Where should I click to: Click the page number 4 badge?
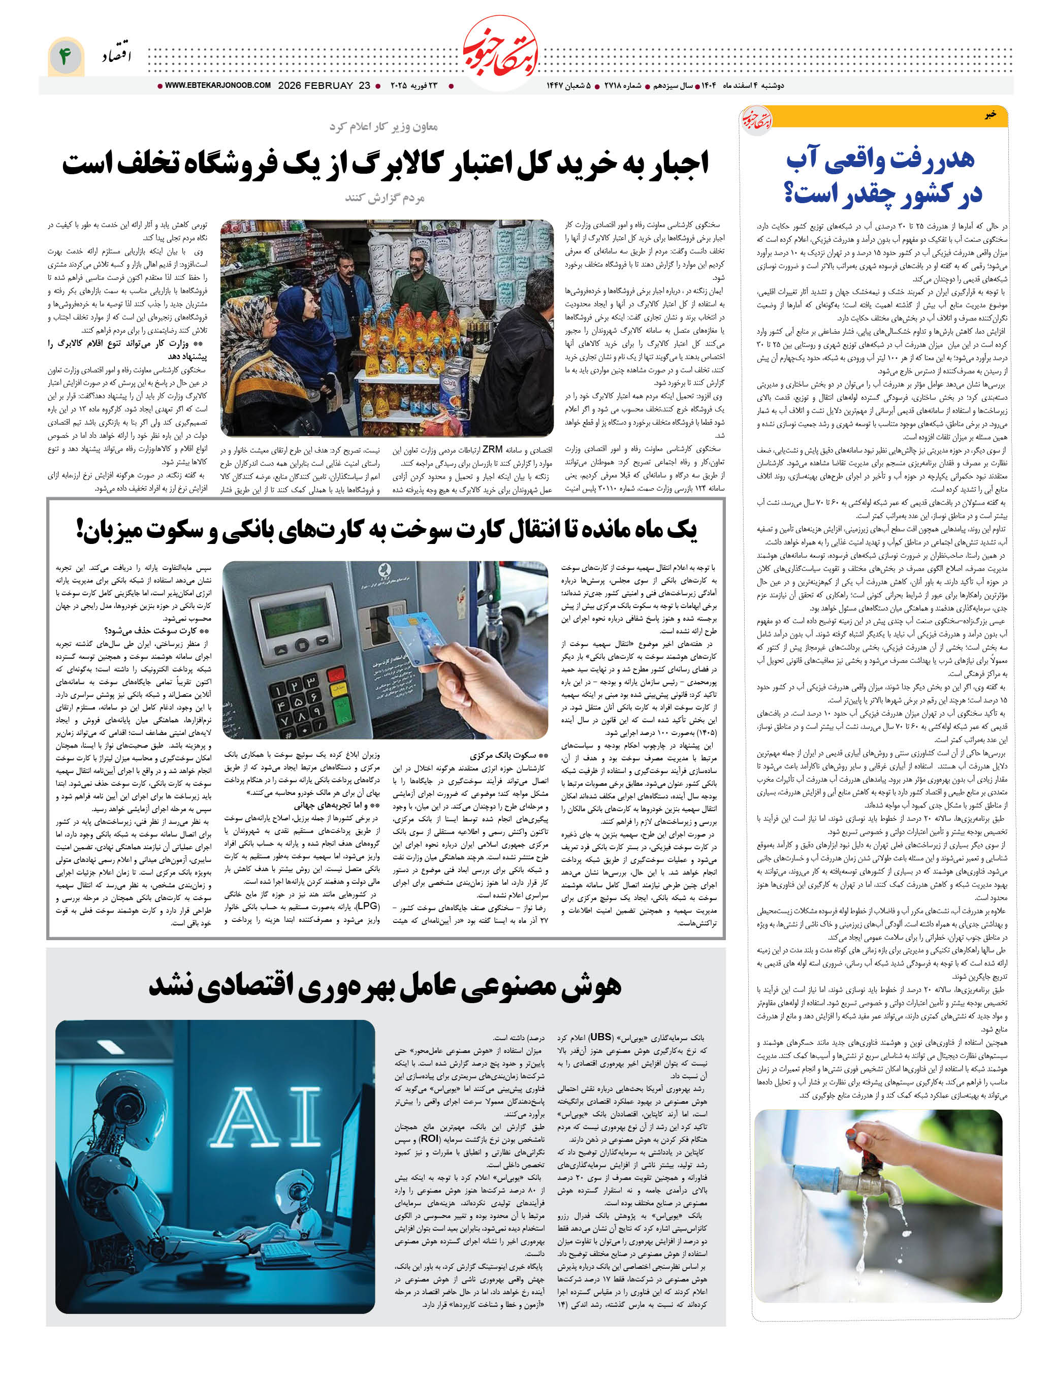pos(65,56)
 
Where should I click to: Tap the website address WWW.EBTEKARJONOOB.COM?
pos(217,86)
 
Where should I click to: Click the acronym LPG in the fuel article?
pos(368,906)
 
